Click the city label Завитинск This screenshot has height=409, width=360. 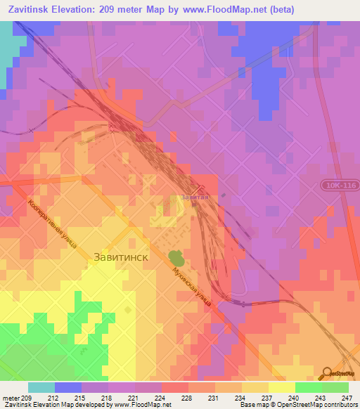[x=121, y=257]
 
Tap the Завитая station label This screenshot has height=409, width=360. [x=195, y=198]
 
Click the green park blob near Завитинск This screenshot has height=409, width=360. [x=174, y=258]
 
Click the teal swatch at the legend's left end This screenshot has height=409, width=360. [x=41, y=387]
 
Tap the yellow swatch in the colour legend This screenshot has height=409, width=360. [x=282, y=387]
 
